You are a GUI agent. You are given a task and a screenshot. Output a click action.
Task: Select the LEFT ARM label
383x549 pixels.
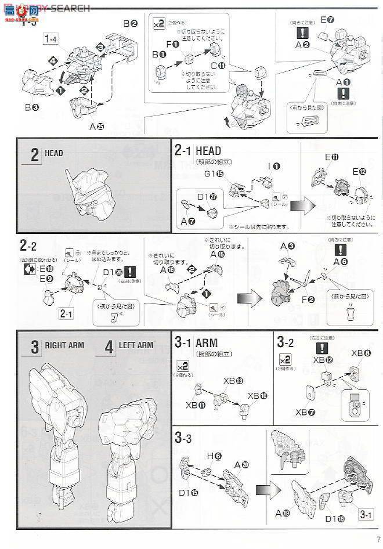[x=136, y=345]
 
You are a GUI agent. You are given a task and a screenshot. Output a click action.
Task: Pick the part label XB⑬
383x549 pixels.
[x=233, y=381]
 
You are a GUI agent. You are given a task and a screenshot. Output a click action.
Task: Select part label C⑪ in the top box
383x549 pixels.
[x=217, y=66]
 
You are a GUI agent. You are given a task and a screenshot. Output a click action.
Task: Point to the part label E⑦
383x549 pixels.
[x=327, y=20]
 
